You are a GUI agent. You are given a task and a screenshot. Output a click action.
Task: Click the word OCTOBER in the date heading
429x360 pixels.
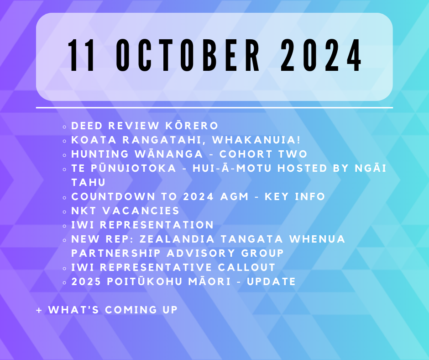click(x=188, y=55)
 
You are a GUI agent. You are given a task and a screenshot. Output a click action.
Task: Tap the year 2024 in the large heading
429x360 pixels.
click(x=321, y=55)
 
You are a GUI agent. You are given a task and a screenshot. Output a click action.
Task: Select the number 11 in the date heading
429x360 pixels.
click(x=82, y=55)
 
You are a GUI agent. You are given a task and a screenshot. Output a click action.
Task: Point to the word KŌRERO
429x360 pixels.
click(x=192, y=126)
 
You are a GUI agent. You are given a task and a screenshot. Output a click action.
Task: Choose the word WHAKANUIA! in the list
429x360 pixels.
click(x=256, y=140)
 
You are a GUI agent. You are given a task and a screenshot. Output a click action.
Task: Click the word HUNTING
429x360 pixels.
click(x=100, y=154)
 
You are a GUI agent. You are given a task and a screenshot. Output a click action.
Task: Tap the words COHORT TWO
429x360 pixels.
click(x=263, y=154)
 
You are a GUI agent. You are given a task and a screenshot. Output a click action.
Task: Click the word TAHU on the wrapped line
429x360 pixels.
click(x=89, y=182)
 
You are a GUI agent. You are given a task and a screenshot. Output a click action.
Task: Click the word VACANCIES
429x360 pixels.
click(x=141, y=211)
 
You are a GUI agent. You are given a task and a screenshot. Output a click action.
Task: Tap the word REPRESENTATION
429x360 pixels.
click(x=157, y=225)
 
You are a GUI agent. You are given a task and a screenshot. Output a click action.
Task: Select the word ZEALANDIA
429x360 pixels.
click(x=177, y=239)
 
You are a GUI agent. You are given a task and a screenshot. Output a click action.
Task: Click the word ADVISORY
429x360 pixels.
click(x=201, y=253)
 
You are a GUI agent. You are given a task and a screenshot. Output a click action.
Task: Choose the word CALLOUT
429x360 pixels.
click(x=246, y=267)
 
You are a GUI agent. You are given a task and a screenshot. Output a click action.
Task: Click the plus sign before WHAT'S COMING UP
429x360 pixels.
click(x=39, y=310)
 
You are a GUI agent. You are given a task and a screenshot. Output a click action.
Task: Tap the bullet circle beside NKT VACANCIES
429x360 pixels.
click(x=64, y=212)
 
